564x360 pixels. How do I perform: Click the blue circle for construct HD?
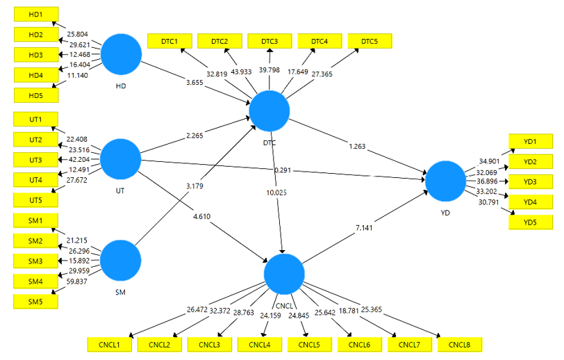point(122,54)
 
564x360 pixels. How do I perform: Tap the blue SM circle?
point(121,261)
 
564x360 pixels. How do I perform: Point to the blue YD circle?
point(445,180)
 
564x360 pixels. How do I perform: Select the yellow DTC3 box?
point(269,42)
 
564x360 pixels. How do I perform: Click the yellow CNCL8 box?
point(459,345)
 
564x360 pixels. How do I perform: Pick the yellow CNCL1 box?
point(109,345)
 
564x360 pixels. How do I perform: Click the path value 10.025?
point(277,193)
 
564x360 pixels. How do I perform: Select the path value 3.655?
point(195,83)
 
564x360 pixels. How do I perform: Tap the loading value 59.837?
point(78,281)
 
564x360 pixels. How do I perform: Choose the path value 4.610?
point(203,217)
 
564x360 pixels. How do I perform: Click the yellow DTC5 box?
point(370,42)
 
